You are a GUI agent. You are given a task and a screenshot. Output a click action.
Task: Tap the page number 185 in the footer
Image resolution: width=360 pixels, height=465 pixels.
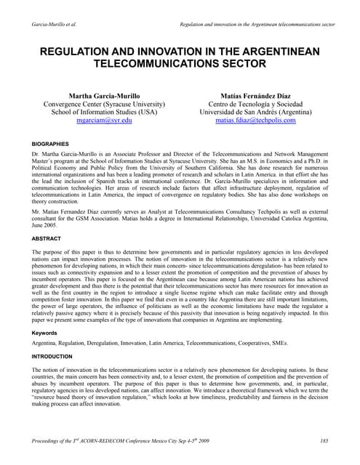coord(324,442)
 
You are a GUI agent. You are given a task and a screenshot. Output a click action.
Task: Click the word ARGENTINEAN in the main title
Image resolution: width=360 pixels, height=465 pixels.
coord(276,52)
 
